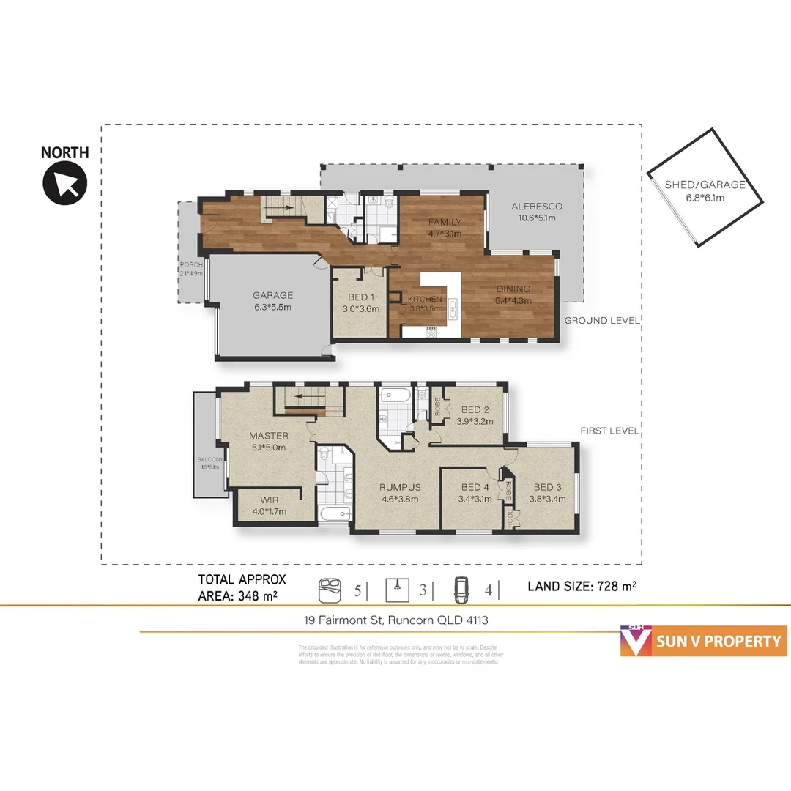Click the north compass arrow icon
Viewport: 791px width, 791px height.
65,183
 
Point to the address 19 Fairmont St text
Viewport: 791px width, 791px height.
396,620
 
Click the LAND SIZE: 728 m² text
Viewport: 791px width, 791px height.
582,586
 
